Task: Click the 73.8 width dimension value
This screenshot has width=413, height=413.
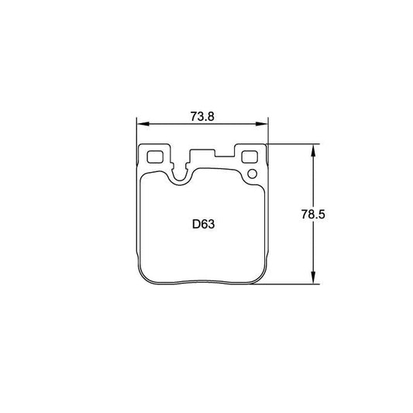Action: [201, 116]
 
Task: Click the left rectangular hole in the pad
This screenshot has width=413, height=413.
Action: [155, 155]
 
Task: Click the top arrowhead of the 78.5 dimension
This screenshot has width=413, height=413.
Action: [314, 148]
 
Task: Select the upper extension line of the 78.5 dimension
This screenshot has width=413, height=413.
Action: [294, 143]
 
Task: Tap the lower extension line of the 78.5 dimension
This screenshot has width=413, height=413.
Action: [294, 284]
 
